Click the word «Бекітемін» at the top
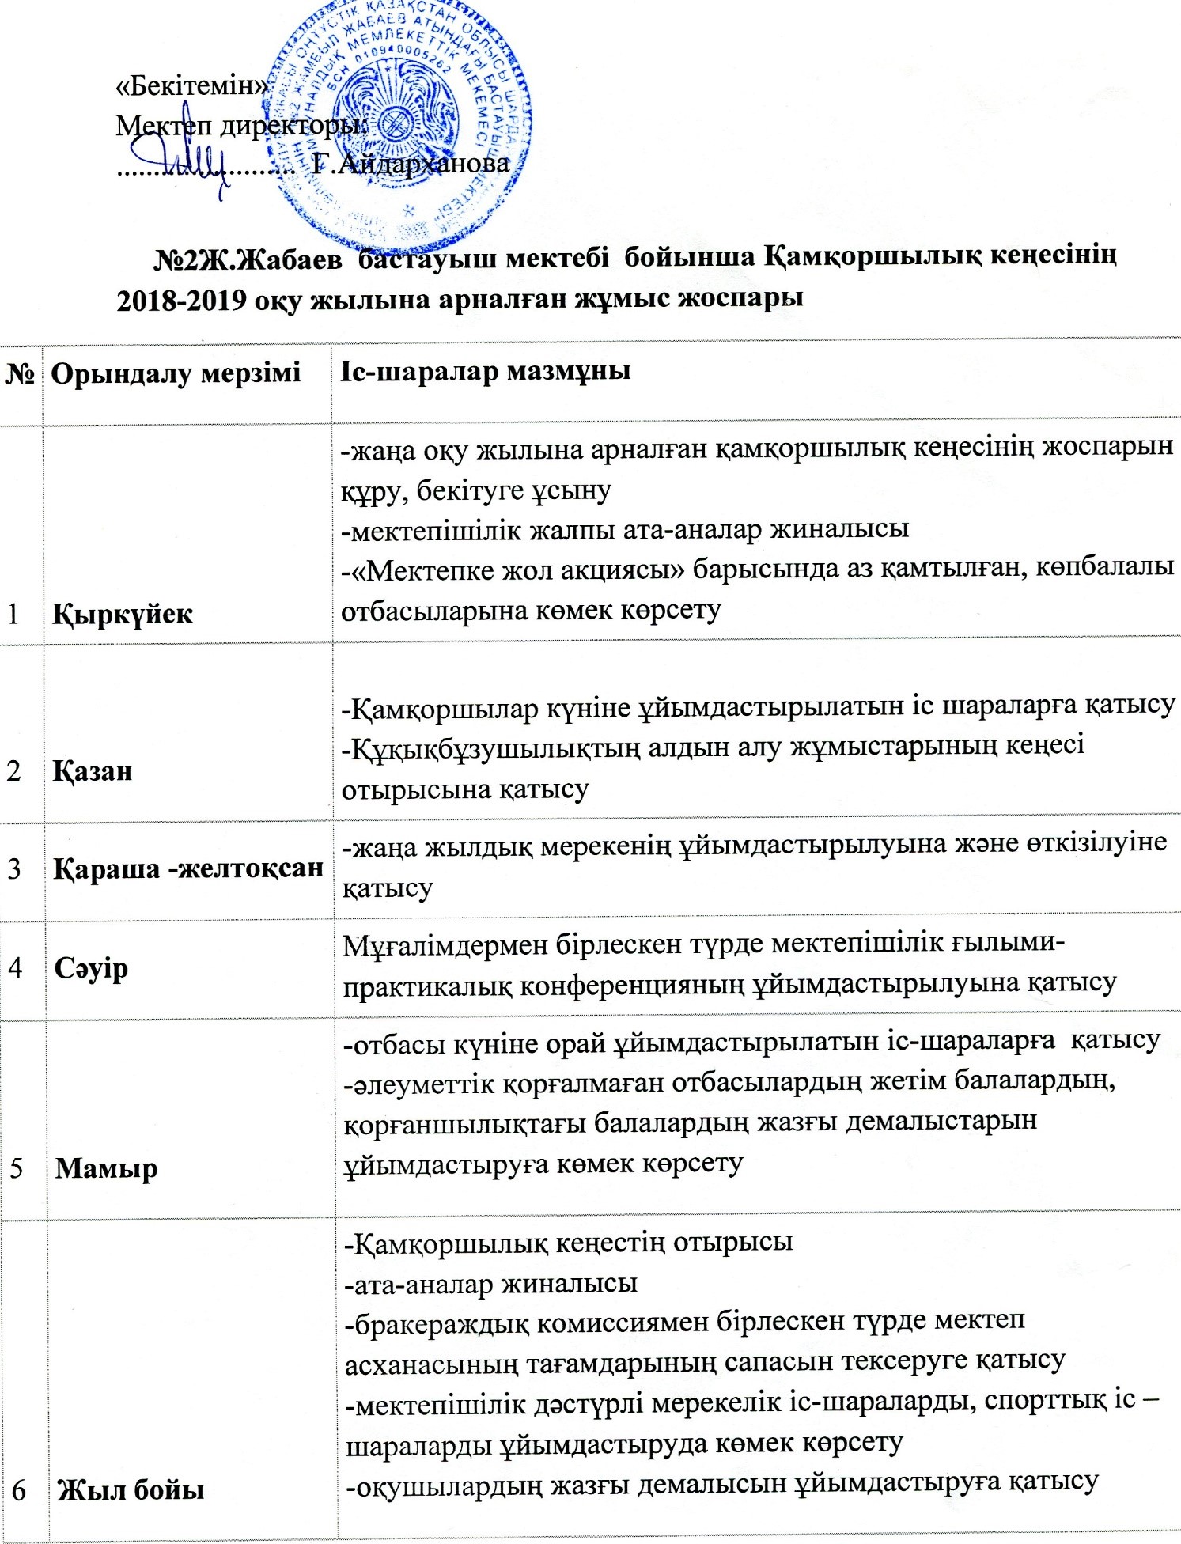[x=190, y=86]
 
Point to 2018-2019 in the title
[x=180, y=299]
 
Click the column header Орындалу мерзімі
[x=176, y=372]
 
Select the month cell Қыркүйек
[x=123, y=614]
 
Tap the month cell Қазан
[x=93, y=770]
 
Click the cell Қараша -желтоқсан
[x=188, y=868]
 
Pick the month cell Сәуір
[x=91, y=967]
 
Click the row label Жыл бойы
[x=129, y=1489]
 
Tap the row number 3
[x=15, y=868]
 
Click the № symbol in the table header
[x=21, y=373]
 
